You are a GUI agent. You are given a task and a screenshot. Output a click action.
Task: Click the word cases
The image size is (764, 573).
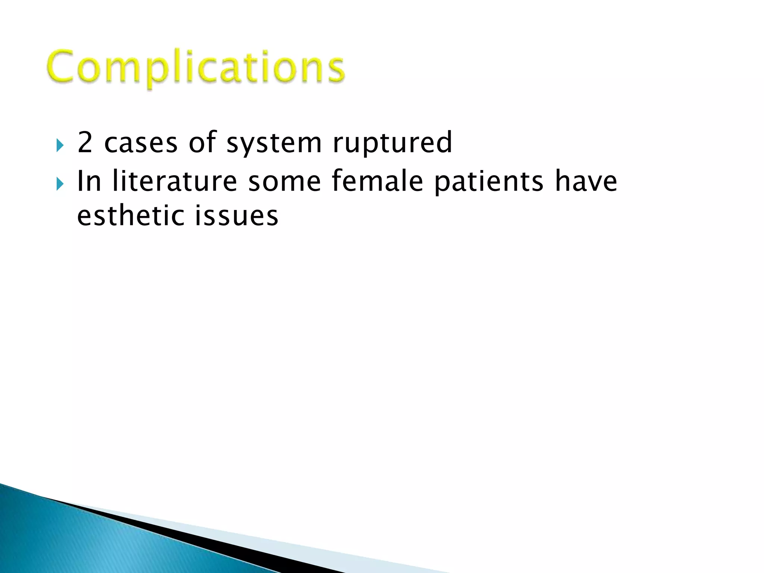(141, 143)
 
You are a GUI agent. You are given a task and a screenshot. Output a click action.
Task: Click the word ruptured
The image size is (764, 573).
(392, 143)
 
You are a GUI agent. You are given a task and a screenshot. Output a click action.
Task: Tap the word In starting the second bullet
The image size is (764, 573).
(89, 181)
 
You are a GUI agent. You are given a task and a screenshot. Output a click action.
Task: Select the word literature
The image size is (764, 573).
(175, 181)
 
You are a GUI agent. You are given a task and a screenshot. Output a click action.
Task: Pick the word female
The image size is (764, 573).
(377, 181)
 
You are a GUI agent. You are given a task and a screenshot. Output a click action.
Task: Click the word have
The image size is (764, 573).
(586, 181)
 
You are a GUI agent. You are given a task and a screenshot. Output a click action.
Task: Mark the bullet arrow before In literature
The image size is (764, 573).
(60, 184)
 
